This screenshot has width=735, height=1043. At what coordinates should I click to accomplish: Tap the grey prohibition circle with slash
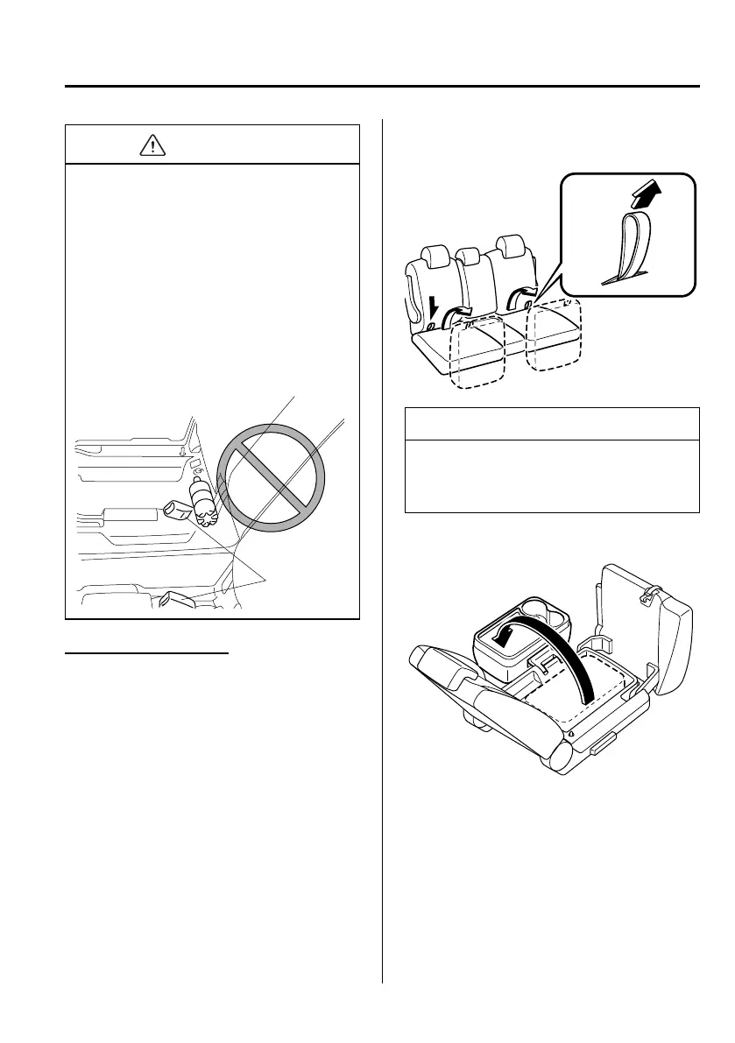pos(271,476)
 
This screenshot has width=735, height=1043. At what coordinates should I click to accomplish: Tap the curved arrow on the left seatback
pos(457,314)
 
